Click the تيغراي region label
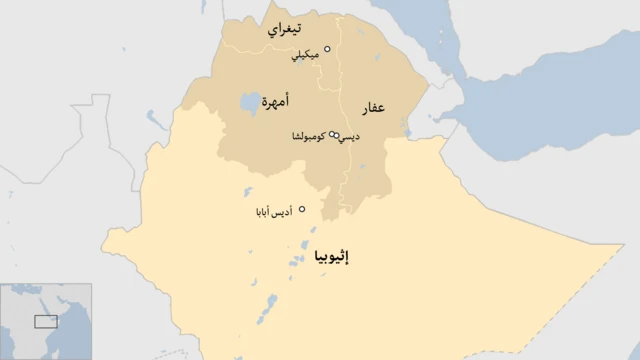coord(288,31)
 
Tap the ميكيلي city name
coord(304,56)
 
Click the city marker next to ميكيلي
coord(326,47)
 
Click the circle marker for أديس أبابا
coord(302,209)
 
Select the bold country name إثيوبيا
coord(332,255)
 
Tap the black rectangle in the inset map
coord(45,321)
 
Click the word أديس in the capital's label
coord(283,213)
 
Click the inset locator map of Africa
coord(45,321)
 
